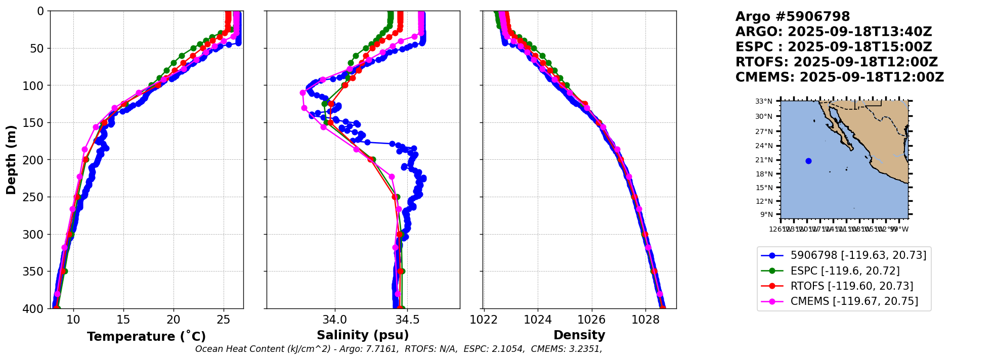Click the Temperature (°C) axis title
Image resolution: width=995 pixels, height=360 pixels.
pos(146,336)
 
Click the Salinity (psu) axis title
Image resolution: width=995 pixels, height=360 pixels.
pos(363,335)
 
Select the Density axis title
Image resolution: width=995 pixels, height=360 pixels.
pos(579,335)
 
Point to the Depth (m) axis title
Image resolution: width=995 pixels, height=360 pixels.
pos(11,160)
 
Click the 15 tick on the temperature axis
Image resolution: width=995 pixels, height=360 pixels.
pos(123,320)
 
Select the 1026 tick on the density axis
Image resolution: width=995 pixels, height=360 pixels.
pos(591,320)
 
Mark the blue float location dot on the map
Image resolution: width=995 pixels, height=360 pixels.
pos(808,161)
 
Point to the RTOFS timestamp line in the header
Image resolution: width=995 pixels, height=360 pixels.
pos(836,62)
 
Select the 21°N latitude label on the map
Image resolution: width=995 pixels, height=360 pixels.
pos(764,160)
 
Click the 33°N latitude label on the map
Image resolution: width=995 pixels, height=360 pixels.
pos(764,102)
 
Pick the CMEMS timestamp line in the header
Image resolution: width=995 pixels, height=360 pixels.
pos(839,77)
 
